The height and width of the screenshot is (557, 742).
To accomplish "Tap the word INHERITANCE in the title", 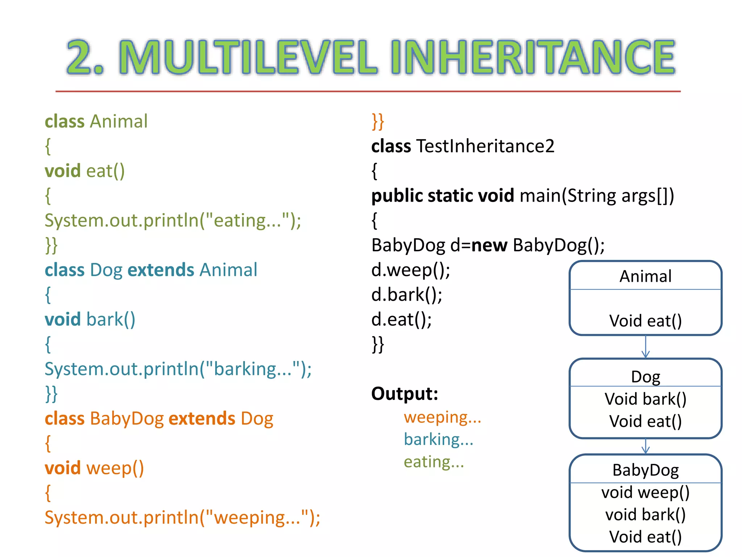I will click(533, 57).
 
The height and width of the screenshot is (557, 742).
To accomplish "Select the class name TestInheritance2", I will click(485, 146).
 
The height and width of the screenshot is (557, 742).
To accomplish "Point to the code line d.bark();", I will click(407, 295).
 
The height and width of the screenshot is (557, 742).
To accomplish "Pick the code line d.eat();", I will click(401, 319).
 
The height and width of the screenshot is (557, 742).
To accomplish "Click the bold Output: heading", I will click(405, 393).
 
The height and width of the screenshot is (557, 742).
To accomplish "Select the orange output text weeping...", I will click(442, 417).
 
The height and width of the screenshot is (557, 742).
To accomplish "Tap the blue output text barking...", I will click(438, 440).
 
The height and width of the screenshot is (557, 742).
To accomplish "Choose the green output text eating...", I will click(434, 462).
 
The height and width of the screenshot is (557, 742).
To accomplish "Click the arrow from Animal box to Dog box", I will click(646, 347).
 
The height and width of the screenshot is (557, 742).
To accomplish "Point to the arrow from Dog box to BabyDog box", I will click(646, 446).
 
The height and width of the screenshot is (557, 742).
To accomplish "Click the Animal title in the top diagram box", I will click(646, 276).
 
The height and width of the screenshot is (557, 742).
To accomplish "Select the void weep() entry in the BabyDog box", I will click(646, 492).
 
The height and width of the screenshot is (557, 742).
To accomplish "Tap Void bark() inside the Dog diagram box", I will click(646, 399).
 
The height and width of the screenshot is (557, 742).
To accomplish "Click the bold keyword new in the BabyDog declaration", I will click(489, 245).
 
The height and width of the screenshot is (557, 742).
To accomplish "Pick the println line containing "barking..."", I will click(178, 369).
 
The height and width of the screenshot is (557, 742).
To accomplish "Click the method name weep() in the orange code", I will click(115, 468).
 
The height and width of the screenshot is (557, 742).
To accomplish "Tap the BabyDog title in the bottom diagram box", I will click(646, 470).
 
